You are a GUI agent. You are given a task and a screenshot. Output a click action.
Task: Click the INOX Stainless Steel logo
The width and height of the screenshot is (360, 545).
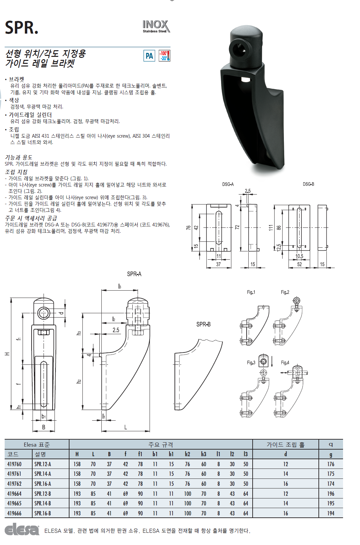pyautogui.click(x=156, y=26)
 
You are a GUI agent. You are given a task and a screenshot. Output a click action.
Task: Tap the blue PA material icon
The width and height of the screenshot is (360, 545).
pyautogui.click(x=149, y=56)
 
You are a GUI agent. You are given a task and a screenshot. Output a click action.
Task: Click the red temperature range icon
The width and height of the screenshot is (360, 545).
pyautogui.click(x=164, y=56)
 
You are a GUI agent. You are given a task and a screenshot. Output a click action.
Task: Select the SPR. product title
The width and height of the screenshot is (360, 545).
pyautogui.click(x=22, y=28)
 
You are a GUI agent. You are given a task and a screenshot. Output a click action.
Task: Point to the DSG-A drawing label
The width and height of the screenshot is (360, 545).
pyautogui.click(x=228, y=184)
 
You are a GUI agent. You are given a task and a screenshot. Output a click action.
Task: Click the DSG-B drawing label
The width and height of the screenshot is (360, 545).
pyautogui.click(x=308, y=184)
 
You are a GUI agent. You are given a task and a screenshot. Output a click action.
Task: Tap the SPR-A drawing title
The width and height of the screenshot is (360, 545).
pyautogui.click(x=134, y=274)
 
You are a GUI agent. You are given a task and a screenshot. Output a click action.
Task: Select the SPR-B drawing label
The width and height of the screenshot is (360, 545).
pyautogui.click(x=203, y=324)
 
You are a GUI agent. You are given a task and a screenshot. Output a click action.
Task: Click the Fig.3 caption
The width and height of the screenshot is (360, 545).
pyautogui.click(x=251, y=362)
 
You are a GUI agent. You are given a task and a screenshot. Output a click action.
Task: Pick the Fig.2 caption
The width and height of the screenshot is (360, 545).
pyautogui.click(x=285, y=292)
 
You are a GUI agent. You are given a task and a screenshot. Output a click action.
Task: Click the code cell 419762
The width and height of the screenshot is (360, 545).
pyautogui.click(x=14, y=484)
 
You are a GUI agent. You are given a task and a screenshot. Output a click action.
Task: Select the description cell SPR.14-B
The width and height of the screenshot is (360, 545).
pyautogui.click(x=43, y=503)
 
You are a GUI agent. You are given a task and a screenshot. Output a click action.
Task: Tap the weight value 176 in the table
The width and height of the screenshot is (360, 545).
pyautogui.click(x=330, y=464)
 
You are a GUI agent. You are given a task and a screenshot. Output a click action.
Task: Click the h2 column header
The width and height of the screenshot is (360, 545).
pyautogui.click(x=187, y=454)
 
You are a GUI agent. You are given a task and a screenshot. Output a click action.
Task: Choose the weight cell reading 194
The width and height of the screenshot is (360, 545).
pyautogui.click(x=330, y=513)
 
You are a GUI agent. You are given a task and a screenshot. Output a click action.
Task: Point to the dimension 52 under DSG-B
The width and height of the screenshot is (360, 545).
pyautogui.click(x=300, y=264)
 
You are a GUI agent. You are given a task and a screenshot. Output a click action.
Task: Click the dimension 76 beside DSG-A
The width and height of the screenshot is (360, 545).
pyautogui.click(x=188, y=227)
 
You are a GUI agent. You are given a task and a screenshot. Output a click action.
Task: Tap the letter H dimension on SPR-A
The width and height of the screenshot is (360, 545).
pyautogui.click(x=7, y=354)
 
